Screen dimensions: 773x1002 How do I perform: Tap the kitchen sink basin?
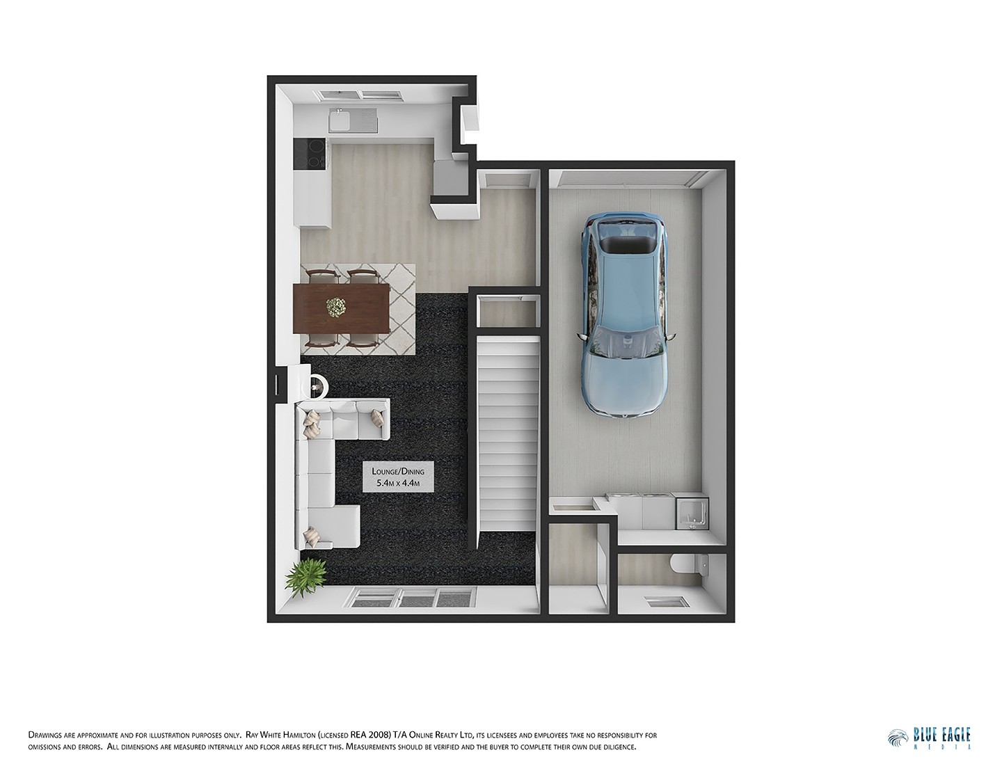341,122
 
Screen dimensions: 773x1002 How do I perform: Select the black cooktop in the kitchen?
310,154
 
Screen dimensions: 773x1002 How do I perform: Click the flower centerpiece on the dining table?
337,306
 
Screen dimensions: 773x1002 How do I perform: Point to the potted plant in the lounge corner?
306,575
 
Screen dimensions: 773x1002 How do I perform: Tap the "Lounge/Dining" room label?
398,471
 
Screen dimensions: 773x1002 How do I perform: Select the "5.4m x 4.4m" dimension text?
398,483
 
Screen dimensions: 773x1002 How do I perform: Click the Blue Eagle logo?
930,738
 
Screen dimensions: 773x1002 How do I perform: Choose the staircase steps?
507,431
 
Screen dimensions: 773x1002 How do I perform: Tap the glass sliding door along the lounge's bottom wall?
415,597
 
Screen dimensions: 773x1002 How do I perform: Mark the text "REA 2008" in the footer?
370,735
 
